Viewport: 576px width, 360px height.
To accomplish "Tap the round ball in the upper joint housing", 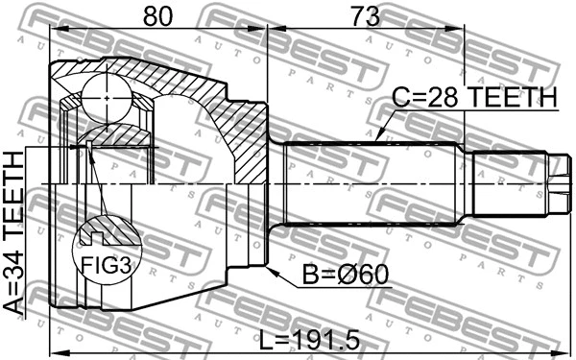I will tap(105, 99).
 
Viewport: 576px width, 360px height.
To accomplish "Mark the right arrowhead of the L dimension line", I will tap(561, 350).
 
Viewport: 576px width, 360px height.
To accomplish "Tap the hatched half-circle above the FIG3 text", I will tap(108, 231).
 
